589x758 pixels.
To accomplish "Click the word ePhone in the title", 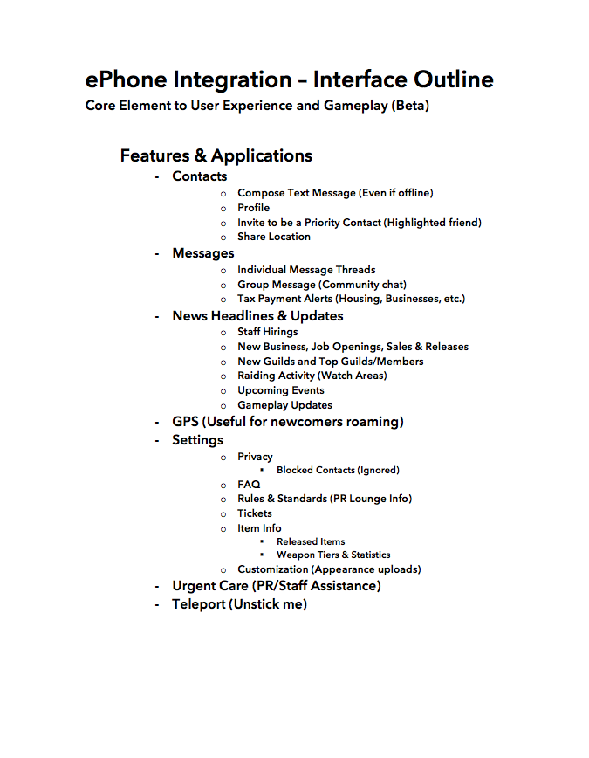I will [x=127, y=79].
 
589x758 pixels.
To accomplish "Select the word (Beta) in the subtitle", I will [x=411, y=107].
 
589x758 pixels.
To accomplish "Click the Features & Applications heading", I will [x=216, y=155].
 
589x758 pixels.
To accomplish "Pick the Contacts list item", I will [x=199, y=176].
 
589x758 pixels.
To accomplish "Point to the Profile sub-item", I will [x=253, y=208].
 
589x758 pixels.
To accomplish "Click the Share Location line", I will [x=273, y=237].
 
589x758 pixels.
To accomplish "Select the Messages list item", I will [x=202, y=253].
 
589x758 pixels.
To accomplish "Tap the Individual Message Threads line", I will [x=306, y=270].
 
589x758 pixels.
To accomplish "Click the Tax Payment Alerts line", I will [x=351, y=299].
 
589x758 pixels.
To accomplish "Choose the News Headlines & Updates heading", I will [x=257, y=316].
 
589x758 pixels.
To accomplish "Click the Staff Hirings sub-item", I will [x=267, y=332].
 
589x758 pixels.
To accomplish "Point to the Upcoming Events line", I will [x=280, y=390].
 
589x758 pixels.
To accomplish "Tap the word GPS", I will [x=185, y=422].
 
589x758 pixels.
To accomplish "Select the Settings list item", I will [x=197, y=440].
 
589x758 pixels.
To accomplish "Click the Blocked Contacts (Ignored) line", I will [x=338, y=470].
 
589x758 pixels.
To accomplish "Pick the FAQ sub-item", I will [x=249, y=485].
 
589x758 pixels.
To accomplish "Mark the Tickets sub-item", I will [x=254, y=513].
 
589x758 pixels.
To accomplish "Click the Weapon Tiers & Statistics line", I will [x=333, y=555].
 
